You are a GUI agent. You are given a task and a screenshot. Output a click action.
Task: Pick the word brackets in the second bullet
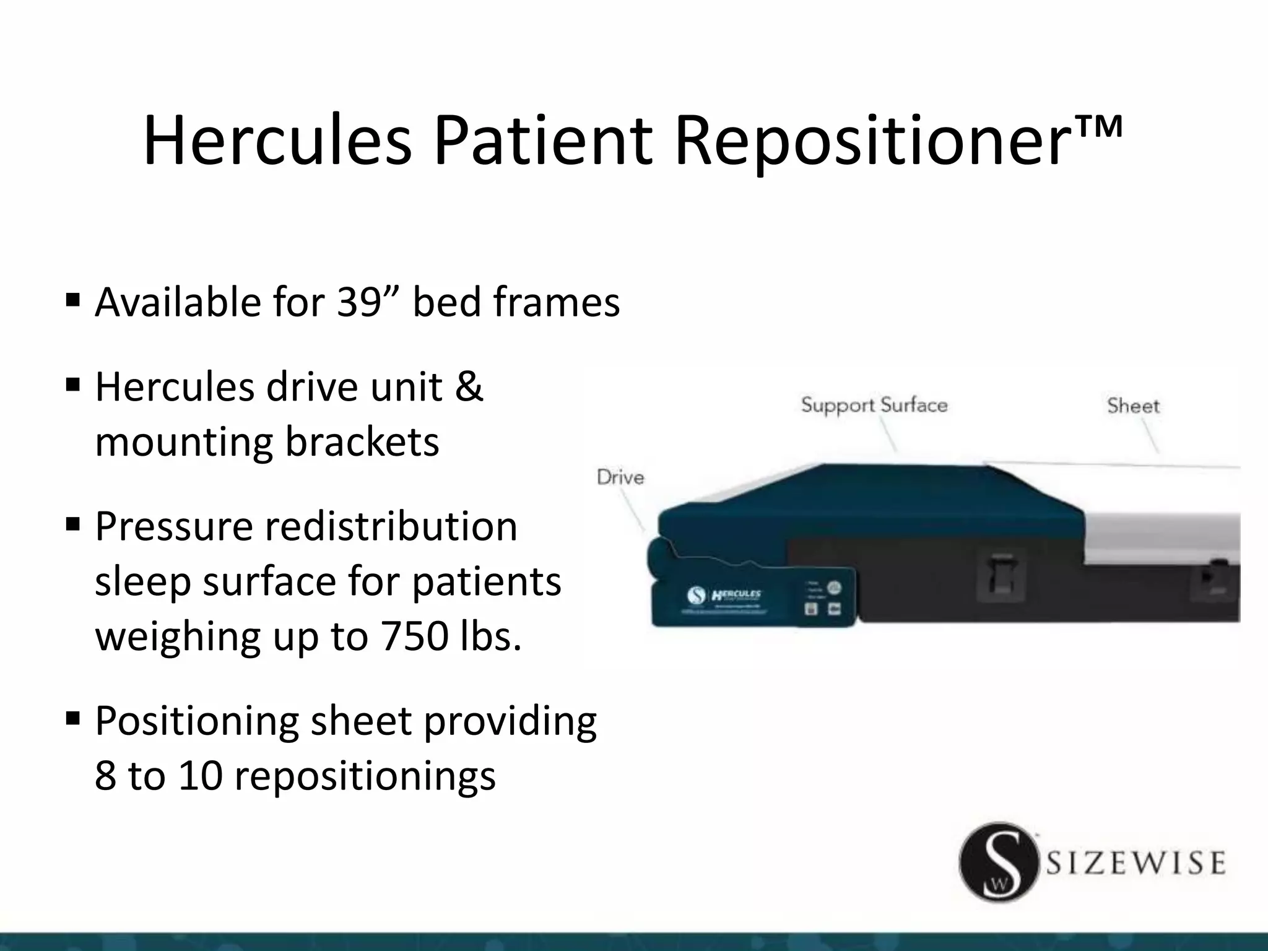tap(362, 442)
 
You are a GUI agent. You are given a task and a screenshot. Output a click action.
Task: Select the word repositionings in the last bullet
tap(365, 775)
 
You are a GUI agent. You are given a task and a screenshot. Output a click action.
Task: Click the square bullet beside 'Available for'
tap(73, 302)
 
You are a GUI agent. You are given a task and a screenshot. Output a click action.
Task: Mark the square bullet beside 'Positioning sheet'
tap(73, 719)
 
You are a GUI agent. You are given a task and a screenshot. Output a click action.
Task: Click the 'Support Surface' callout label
tap(874, 406)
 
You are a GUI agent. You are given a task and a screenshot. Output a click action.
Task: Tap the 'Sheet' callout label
tap(1133, 406)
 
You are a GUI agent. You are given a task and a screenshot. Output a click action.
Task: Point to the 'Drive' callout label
tap(620, 477)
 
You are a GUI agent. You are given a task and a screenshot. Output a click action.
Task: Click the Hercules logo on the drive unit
tap(736, 595)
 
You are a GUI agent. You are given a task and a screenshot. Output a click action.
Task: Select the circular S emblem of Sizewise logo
tap(997, 862)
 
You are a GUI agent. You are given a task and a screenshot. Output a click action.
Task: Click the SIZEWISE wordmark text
tap(1136, 863)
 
